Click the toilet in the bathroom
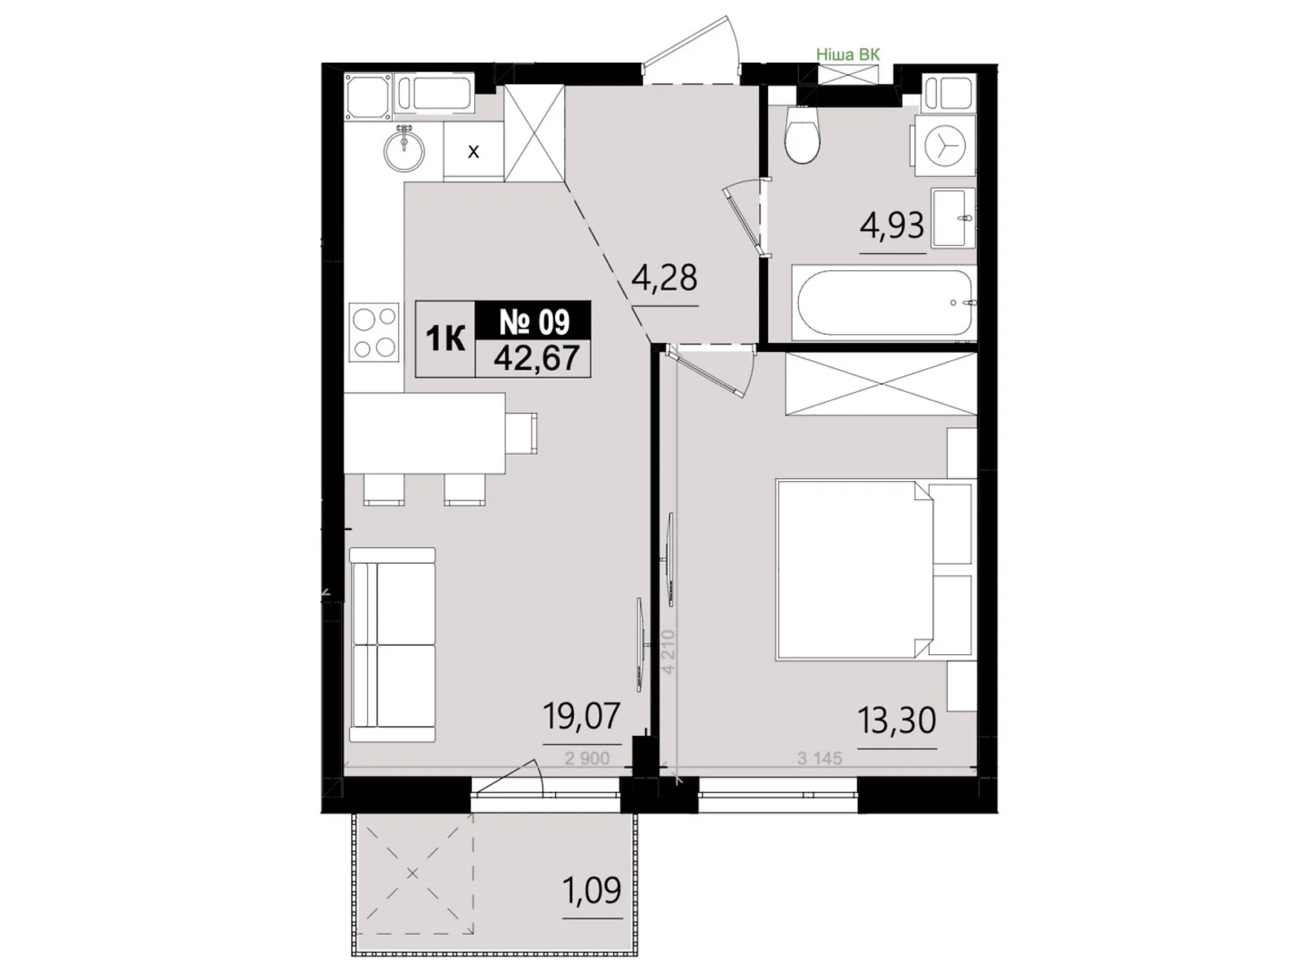click(x=802, y=135)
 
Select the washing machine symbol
click(x=944, y=146)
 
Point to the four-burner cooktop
click(x=374, y=332)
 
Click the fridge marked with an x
click(x=473, y=151)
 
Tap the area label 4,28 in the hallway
click(x=664, y=278)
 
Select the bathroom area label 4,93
click(x=892, y=225)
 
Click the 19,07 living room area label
click(x=582, y=716)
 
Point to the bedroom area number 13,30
click(x=896, y=720)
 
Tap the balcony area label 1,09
click(x=592, y=890)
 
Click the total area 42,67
click(x=536, y=359)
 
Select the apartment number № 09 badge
click(x=534, y=322)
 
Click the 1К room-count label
click(x=445, y=339)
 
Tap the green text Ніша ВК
click(x=848, y=55)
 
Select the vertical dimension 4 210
click(x=669, y=652)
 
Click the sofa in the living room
click(x=392, y=645)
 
